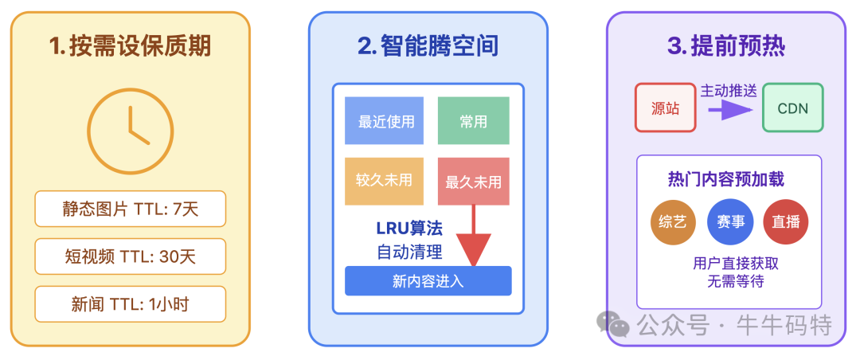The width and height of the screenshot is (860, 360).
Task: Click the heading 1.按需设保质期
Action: pyautogui.click(x=130, y=46)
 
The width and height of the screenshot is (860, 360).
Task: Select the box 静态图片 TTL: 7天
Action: pyautogui.click(x=130, y=209)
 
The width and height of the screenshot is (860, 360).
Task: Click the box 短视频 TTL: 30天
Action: pyautogui.click(x=130, y=256)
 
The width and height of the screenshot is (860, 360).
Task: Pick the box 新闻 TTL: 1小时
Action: pyautogui.click(x=130, y=304)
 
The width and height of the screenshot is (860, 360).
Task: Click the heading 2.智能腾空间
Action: pyautogui.click(x=428, y=46)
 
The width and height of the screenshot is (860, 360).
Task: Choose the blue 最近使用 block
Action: pyautogui.click(x=385, y=121)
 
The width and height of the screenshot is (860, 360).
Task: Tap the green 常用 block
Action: pyautogui.click(x=473, y=121)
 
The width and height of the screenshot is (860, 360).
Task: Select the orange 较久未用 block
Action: pyautogui.click(x=385, y=181)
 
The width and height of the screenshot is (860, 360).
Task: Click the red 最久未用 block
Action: pyautogui.click(x=473, y=182)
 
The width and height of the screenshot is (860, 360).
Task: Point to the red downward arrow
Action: pyautogui.click(x=474, y=239)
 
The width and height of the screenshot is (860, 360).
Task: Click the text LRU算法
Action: pyautogui.click(x=408, y=229)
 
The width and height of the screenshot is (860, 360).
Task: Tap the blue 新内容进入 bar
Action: pyautogui.click(x=428, y=281)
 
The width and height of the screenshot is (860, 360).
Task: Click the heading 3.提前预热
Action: pyautogui.click(x=725, y=46)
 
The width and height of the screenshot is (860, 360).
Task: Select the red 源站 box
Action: pyautogui.click(x=665, y=108)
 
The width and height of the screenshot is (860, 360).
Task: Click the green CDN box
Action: pyautogui.click(x=792, y=108)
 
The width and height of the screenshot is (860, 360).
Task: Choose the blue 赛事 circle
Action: pyautogui.click(x=730, y=222)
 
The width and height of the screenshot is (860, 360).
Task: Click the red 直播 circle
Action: pyautogui.click(x=786, y=222)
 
